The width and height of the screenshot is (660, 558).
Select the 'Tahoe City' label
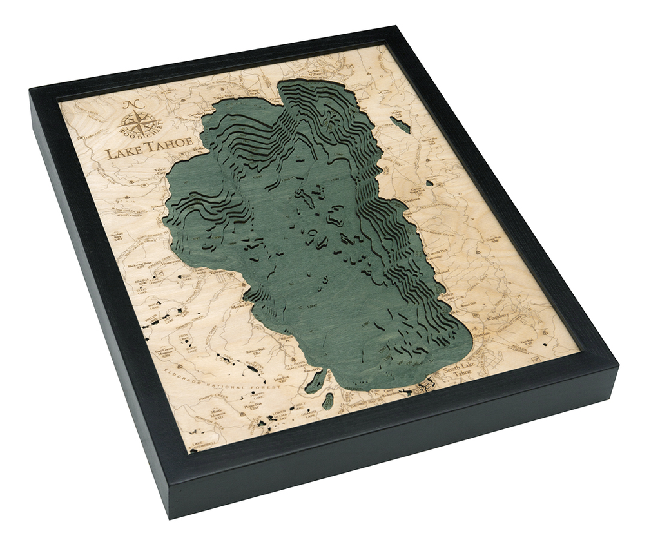159,174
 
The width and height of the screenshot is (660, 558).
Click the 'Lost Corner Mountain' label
166,352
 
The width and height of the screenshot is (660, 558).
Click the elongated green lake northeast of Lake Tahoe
400,124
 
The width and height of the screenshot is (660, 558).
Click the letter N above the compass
131,105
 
